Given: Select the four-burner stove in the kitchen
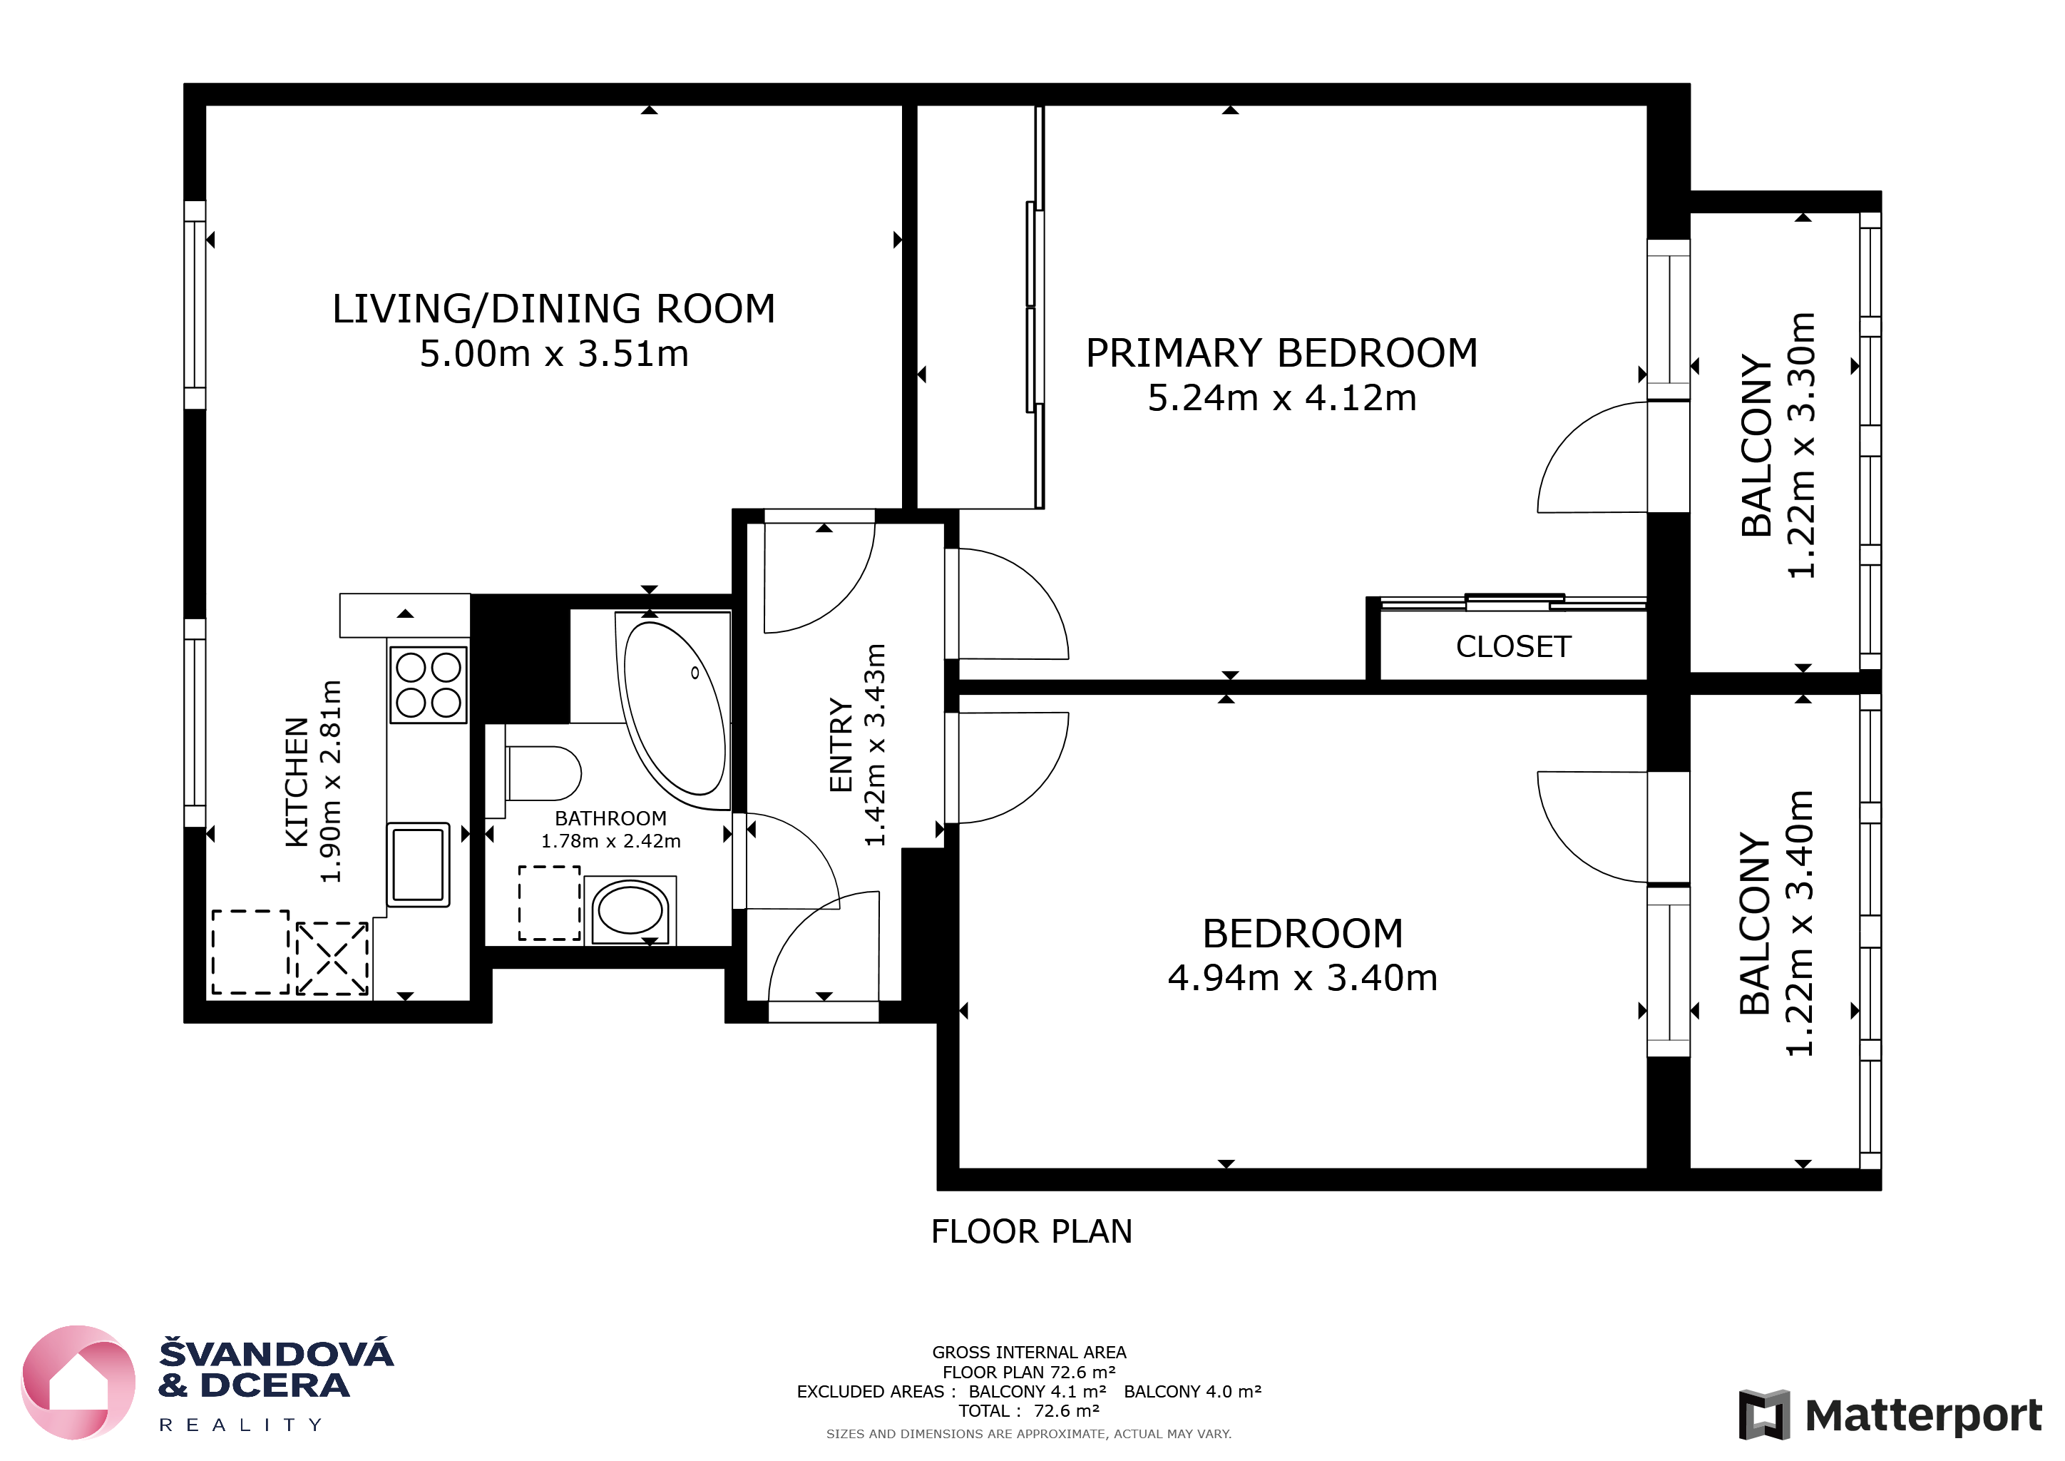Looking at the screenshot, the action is point(428,685).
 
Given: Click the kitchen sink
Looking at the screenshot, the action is point(419,864).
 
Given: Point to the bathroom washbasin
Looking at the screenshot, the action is point(630,910).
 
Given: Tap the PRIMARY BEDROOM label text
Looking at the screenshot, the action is point(1281,352).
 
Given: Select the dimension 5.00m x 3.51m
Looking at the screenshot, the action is point(554,354).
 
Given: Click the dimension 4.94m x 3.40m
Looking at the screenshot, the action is point(1302,978).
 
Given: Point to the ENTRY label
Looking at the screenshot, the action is point(840,745).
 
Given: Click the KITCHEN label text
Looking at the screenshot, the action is point(297,782).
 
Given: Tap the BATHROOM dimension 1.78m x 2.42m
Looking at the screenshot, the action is point(610,841).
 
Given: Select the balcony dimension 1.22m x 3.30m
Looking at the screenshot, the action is point(1801,445).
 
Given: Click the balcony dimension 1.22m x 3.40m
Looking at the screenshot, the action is point(1800,923).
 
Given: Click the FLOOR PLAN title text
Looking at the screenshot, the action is point(1032,1231).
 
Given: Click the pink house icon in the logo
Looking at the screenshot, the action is point(78,1383).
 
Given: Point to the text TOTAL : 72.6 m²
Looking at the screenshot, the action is point(1029,1410).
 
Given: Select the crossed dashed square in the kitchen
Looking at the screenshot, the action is point(333,958).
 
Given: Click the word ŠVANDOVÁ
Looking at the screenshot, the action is point(276,1353).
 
